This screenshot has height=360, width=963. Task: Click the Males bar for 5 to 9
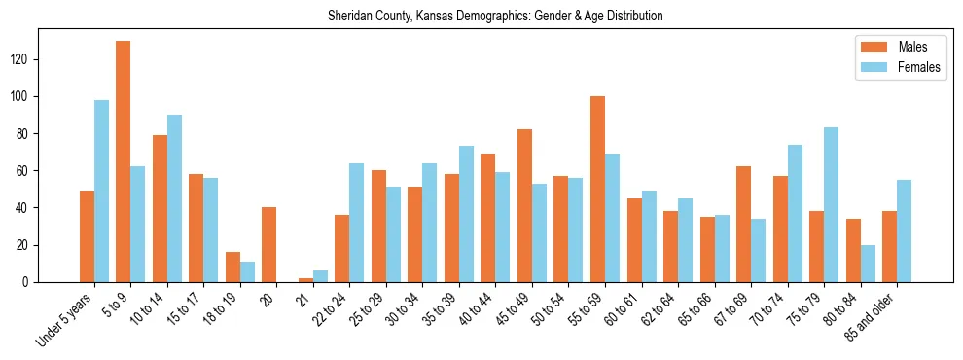[x=124, y=162]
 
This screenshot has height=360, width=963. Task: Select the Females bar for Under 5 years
[x=101, y=191]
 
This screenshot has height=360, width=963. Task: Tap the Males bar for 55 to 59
[x=597, y=189]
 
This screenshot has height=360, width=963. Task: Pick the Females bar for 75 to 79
[x=831, y=204]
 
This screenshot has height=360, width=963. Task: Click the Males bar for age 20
[x=269, y=244]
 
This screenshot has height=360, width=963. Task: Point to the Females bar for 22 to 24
[x=356, y=223]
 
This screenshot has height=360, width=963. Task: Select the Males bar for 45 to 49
[x=524, y=205]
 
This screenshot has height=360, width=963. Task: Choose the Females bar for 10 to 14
[x=174, y=198]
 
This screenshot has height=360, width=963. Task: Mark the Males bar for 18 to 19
[x=232, y=267]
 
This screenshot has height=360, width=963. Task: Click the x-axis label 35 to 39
[x=442, y=309]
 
